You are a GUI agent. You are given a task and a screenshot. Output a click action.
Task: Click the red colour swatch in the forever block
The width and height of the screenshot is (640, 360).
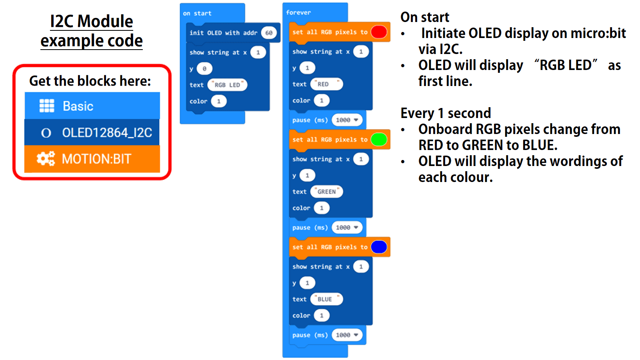pyautogui.click(x=379, y=32)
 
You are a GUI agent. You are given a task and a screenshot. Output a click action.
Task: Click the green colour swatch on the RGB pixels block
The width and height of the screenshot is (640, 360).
pyautogui.click(x=379, y=139)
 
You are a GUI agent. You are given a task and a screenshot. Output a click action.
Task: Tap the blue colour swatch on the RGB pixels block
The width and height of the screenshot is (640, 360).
pyautogui.click(x=379, y=247)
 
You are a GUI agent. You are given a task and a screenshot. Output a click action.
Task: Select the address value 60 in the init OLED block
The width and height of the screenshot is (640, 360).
pyautogui.click(x=269, y=33)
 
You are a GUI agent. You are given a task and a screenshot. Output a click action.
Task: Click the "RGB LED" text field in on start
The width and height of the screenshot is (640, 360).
pyautogui.click(x=227, y=85)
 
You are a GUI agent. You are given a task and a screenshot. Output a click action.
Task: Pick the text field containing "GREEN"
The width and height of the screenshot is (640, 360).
pyautogui.click(x=326, y=192)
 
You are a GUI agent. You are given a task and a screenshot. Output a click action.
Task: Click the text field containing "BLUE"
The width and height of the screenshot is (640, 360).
pyautogui.click(x=326, y=299)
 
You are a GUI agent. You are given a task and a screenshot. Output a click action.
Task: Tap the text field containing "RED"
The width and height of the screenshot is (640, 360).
pyautogui.click(x=326, y=84)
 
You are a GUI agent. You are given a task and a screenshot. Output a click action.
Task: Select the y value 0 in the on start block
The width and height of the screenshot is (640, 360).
pyautogui.click(x=204, y=69)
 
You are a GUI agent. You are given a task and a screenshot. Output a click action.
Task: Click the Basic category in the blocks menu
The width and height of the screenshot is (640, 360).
pyautogui.click(x=92, y=106)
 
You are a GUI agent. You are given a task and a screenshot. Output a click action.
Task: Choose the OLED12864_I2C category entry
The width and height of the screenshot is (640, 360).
pyautogui.click(x=92, y=132)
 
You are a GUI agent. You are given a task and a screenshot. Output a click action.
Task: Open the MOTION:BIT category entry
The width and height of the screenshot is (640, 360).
pyautogui.click(x=92, y=159)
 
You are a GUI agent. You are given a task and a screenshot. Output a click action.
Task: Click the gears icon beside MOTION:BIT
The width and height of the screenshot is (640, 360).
pyautogui.click(x=46, y=159)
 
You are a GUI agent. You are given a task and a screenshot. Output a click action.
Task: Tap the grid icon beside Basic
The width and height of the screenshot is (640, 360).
pyautogui.click(x=47, y=106)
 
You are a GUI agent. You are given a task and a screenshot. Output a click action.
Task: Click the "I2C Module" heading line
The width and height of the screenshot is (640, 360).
pyautogui.click(x=91, y=21)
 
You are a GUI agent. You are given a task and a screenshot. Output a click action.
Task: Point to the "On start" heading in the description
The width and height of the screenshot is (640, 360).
pyautogui.click(x=425, y=17)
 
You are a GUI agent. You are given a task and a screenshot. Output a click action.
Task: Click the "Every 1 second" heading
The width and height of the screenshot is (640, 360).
pyautogui.click(x=446, y=113)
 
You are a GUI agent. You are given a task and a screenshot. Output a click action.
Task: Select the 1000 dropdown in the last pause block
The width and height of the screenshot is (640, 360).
pyautogui.click(x=347, y=335)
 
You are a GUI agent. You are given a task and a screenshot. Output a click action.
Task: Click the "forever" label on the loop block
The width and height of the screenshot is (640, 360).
pyautogui.click(x=298, y=12)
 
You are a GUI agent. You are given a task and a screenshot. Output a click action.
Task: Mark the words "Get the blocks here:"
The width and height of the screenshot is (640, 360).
pyautogui.click(x=90, y=81)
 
